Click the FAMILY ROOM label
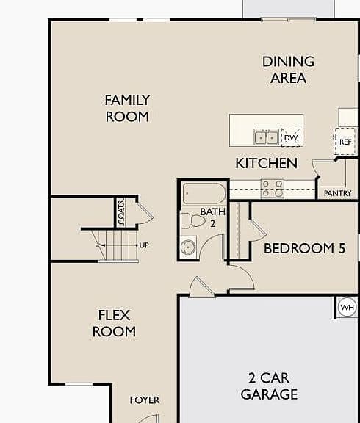(x=127, y=108)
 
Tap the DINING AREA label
(x=288, y=70)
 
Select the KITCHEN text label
(x=267, y=163)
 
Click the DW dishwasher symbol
(x=291, y=138)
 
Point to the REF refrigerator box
(x=345, y=141)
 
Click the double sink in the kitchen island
(x=266, y=137)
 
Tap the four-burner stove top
(x=273, y=189)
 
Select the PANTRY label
(x=337, y=193)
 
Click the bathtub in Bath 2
(x=204, y=193)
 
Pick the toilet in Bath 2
(x=192, y=221)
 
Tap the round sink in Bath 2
(x=188, y=247)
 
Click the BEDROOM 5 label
(x=304, y=248)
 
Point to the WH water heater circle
(x=348, y=307)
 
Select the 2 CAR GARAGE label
(x=269, y=386)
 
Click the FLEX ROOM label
(x=114, y=323)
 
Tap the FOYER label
(x=145, y=400)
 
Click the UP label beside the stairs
(x=144, y=245)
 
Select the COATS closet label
(x=121, y=212)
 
